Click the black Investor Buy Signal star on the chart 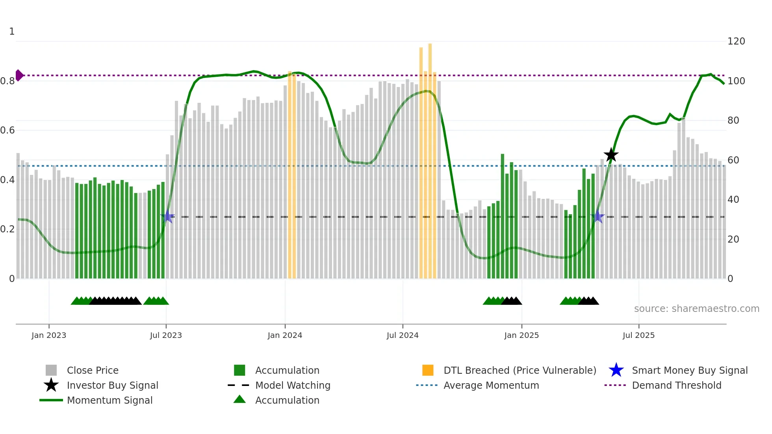(611, 155)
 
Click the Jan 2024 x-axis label (285, 335)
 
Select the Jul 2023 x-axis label (166, 335)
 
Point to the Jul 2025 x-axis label (638, 335)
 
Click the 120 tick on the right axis (736, 41)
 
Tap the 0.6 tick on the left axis (7, 130)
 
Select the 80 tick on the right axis (733, 121)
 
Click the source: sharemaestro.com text (696, 309)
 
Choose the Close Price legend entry (93, 370)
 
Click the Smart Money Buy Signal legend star (616, 370)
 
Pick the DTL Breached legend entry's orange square (428, 370)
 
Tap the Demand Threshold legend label (676, 385)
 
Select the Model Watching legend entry (293, 385)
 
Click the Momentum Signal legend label (109, 400)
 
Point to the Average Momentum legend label (491, 385)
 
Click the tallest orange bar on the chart (430, 158)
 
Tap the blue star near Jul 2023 (168, 217)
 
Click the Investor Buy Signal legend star (51, 385)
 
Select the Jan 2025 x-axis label (521, 335)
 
